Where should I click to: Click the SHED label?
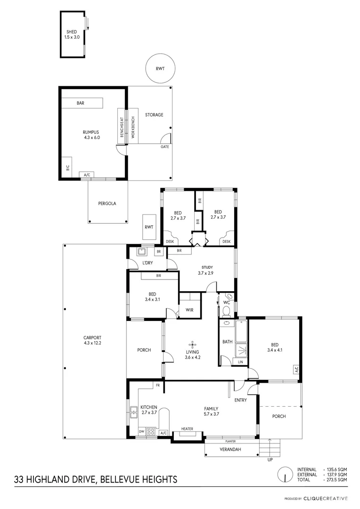coord(72,32)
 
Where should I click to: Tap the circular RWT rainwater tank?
coord(160,69)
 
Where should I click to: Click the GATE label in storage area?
coord(164,147)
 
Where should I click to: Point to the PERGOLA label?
coord(107,204)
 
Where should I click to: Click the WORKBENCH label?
coord(133,127)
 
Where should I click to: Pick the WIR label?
coord(189,310)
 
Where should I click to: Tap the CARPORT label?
coord(92,340)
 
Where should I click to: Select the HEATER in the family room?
coord(187,429)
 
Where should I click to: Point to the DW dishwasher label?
coord(141,432)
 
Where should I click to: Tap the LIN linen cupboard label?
coord(240,361)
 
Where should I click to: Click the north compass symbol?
coord(285,475)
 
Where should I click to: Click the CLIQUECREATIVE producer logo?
coord(325,498)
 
